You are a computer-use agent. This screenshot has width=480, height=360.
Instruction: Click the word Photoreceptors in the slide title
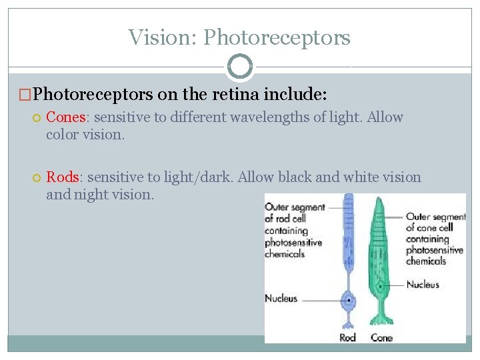tap(277, 37)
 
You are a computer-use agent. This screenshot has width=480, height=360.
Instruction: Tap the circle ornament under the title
tap(240, 67)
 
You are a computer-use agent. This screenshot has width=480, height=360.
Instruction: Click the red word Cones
tap(65, 117)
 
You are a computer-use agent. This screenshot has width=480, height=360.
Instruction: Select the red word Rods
tap(63, 177)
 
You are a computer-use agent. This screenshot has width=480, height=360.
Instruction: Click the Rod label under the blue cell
tap(347, 337)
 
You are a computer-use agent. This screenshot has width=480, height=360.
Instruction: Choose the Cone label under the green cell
tap(381, 337)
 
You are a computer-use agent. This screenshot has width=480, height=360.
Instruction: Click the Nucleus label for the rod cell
tap(281, 298)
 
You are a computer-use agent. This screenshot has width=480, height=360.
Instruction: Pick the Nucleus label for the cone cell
tap(423, 285)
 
